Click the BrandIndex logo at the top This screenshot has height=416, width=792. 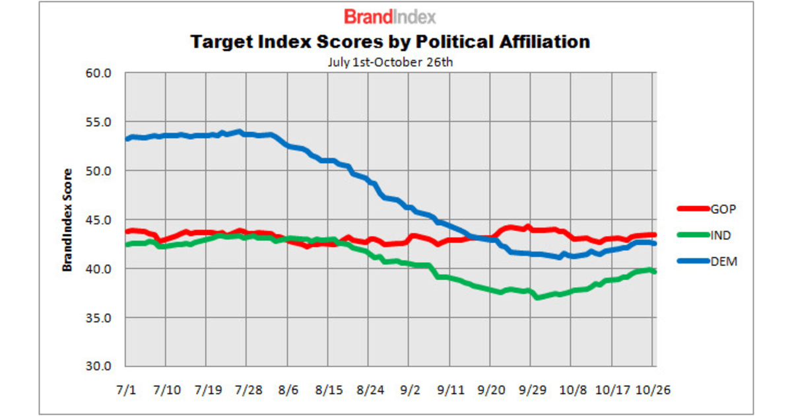389,17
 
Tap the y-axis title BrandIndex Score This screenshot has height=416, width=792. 67,220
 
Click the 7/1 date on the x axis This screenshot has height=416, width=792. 127,389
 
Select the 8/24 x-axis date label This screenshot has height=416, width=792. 372,389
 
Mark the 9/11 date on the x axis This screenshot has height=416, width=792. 452,389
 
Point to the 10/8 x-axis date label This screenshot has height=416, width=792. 573,389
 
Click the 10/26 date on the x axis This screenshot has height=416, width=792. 653,389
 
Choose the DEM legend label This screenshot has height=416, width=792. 723,261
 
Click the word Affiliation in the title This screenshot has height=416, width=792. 539,42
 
